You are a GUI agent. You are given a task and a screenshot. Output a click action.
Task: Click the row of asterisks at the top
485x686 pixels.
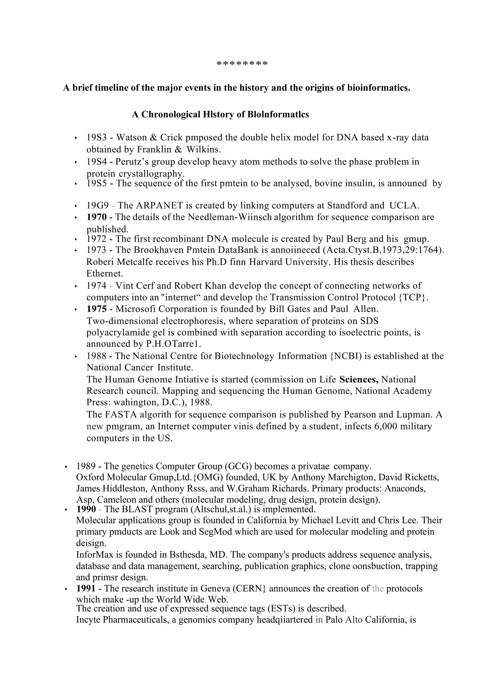242,64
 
